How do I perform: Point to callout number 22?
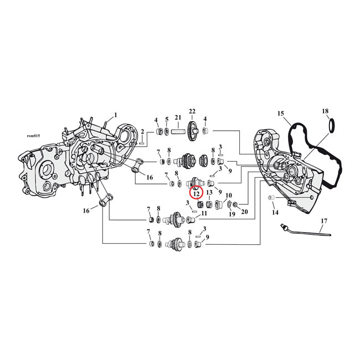pyautogui.click(x=193, y=111)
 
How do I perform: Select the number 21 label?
pyautogui.click(x=178, y=118)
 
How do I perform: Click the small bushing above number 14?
pyautogui.click(x=272, y=198)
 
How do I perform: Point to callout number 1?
pyautogui.click(x=116, y=115)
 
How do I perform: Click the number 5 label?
pyautogui.click(x=167, y=119)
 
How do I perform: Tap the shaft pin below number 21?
pyautogui.click(x=178, y=132)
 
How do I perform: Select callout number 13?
pyautogui.click(x=209, y=193)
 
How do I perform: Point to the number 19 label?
pyautogui.click(x=232, y=214)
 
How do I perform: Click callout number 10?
pyautogui.click(x=228, y=195)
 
